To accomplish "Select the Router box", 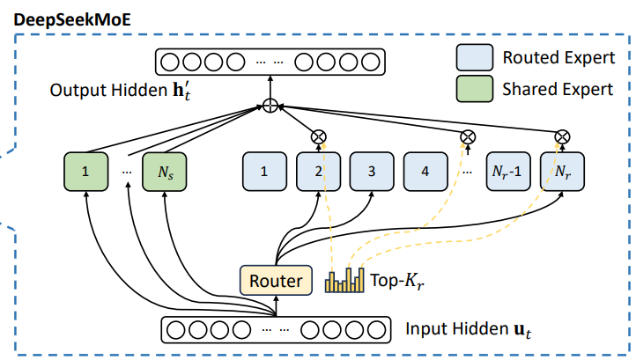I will tap(276, 281).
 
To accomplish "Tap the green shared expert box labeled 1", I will tap(85, 173).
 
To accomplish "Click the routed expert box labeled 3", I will tap(372, 173).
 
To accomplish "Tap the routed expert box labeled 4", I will tap(425, 173).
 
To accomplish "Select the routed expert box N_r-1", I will tap(508, 173).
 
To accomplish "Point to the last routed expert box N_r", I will tap(561, 173).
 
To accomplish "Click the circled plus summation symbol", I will tap(271, 107).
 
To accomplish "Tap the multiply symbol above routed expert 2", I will tap(318, 136).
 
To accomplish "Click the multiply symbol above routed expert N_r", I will tap(561, 136).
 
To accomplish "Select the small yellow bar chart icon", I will tap(344, 280).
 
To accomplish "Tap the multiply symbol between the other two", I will tap(468, 136).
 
